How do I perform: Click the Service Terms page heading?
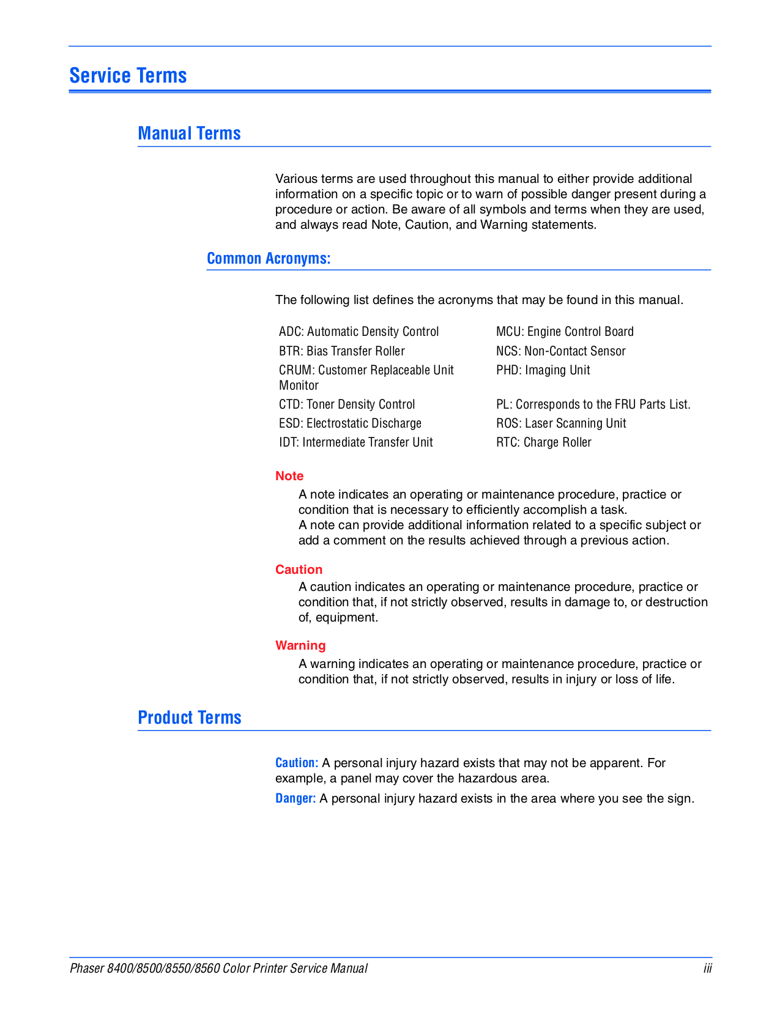click(x=128, y=75)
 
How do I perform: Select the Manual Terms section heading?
click(x=189, y=133)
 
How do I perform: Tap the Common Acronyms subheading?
click(x=269, y=258)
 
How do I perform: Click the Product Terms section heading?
click(x=190, y=717)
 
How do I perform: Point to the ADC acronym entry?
click(x=358, y=332)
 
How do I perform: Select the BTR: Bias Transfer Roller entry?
click(x=341, y=351)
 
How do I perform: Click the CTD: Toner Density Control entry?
click(x=347, y=404)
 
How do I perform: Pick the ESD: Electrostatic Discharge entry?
click(x=350, y=423)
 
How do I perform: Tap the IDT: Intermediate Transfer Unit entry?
click(x=355, y=442)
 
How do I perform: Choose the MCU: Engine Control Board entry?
click(x=565, y=332)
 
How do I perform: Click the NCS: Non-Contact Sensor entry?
click(x=560, y=351)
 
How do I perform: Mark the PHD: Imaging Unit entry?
click(x=543, y=370)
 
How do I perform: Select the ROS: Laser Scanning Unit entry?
click(x=561, y=423)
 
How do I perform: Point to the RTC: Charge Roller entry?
click(x=543, y=442)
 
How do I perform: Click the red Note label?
click(x=289, y=476)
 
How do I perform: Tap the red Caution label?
click(x=299, y=570)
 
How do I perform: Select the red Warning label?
click(x=300, y=645)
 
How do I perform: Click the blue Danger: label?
click(x=295, y=798)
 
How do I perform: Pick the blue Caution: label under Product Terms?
click(x=297, y=763)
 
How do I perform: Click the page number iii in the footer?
click(x=707, y=968)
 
